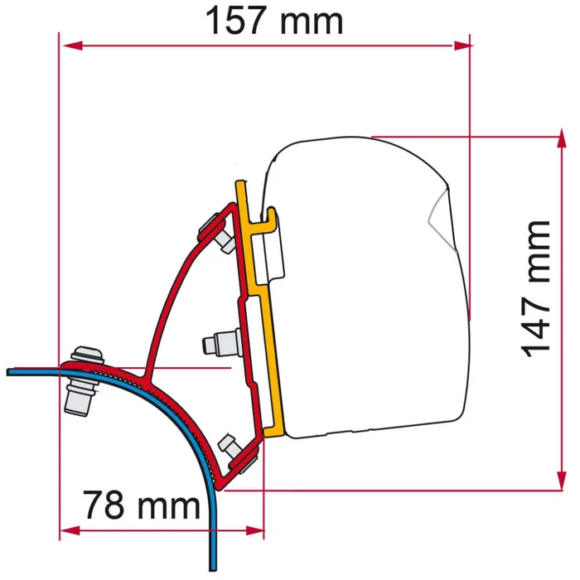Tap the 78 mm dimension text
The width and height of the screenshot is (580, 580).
pos(141,503)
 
